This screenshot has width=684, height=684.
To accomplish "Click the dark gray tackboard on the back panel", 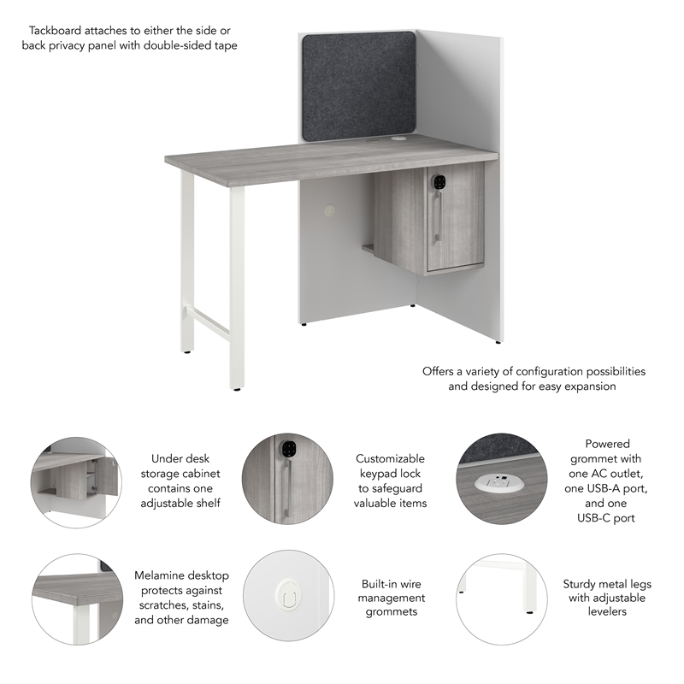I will pyautogui.click(x=357, y=85).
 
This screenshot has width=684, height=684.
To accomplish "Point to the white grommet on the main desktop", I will pyautogui.click(x=399, y=138).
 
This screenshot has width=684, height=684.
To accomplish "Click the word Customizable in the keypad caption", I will pyautogui.click(x=390, y=459).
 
